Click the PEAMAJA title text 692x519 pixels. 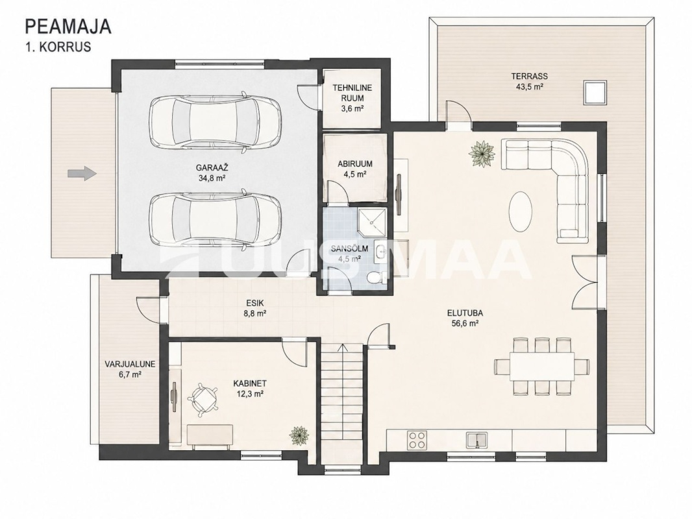coord(68,27)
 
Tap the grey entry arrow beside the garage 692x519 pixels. coord(82,173)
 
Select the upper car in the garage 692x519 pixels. coord(216,122)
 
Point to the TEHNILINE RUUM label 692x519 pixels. coord(352,93)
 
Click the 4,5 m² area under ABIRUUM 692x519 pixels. coord(355,174)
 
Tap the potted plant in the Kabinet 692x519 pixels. coord(299,436)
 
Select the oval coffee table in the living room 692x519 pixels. coord(521,211)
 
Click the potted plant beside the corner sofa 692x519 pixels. coord(481,154)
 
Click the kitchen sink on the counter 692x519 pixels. coord(476,440)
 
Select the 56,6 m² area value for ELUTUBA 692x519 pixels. coord(464,323)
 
